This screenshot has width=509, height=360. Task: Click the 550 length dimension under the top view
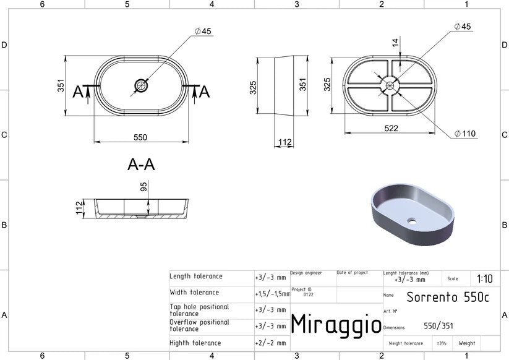pos(140,137)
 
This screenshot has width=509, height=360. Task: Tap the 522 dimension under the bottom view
pos(391,128)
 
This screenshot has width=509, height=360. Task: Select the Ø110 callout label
pos(465,134)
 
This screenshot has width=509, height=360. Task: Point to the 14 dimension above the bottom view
pos(395,42)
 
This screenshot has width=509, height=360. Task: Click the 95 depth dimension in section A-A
pos(143,187)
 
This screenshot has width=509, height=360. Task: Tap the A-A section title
pos(141,165)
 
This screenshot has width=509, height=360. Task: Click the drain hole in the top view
pos(141,86)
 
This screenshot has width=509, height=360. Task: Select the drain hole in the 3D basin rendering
pos(412,221)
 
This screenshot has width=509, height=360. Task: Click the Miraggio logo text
pos(336,325)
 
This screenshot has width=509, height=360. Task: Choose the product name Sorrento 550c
pos(448,297)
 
